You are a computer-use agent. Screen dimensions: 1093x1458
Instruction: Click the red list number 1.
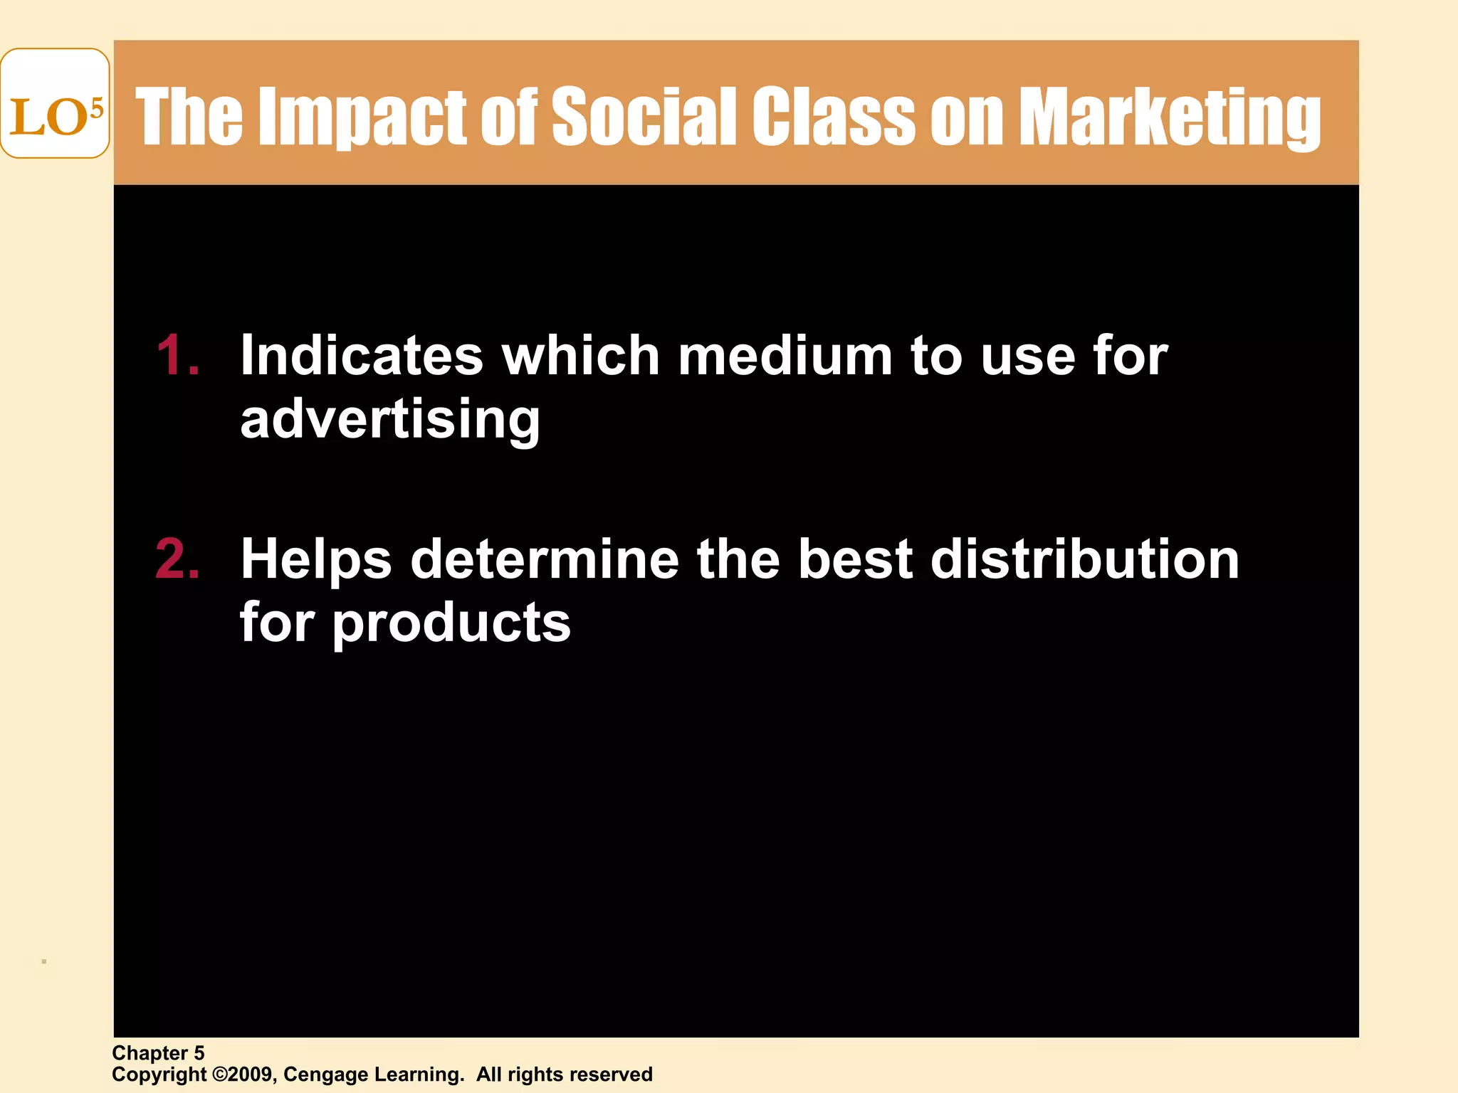tap(177, 355)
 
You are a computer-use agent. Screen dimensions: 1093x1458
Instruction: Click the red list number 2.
tap(177, 559)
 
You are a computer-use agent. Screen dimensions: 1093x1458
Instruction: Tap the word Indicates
tap(362, 355)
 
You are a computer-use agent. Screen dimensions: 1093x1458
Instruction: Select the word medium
tap(785, 355)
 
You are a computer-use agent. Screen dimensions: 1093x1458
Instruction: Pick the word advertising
tap(390, 420)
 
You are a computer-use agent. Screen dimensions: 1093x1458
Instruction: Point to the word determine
tap(545, 559)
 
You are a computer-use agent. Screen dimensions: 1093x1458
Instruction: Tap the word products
tap(451, 623)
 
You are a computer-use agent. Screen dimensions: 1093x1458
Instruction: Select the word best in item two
tap(854, 559)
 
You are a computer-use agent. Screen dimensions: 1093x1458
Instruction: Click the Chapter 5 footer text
tap(158, 1053)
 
